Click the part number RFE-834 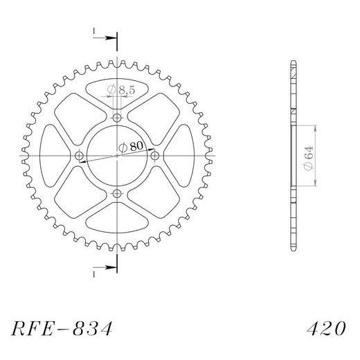pos(62,328)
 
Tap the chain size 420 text pos(326,328)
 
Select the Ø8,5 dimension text pos(121,90)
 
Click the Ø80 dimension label pos(131,147)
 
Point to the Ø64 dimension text pos(309,158)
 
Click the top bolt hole pos(117,118)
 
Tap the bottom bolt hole pos(117,193)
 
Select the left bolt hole pos(80,156)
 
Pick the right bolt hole pos(154,156)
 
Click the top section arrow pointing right pos(105,38)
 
